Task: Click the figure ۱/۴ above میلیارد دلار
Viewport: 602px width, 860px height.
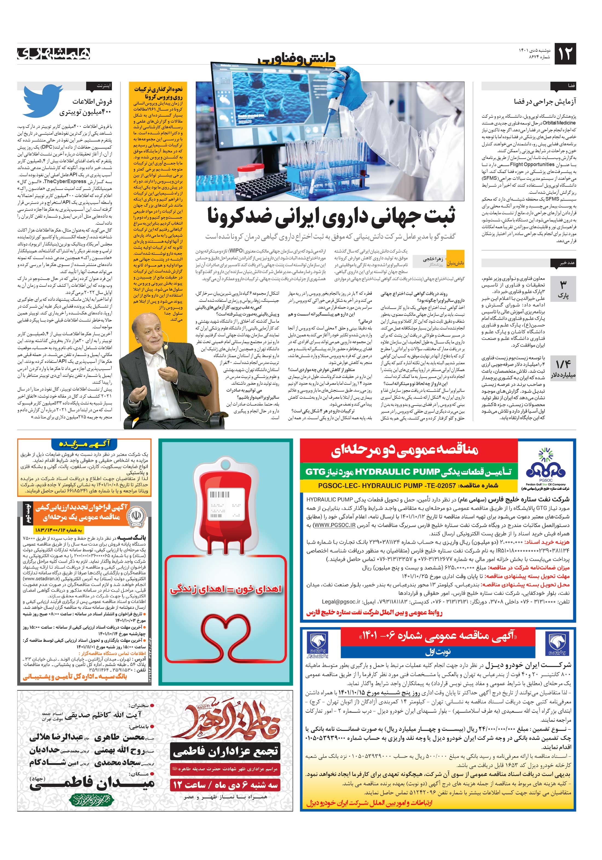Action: click(563, 364)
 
